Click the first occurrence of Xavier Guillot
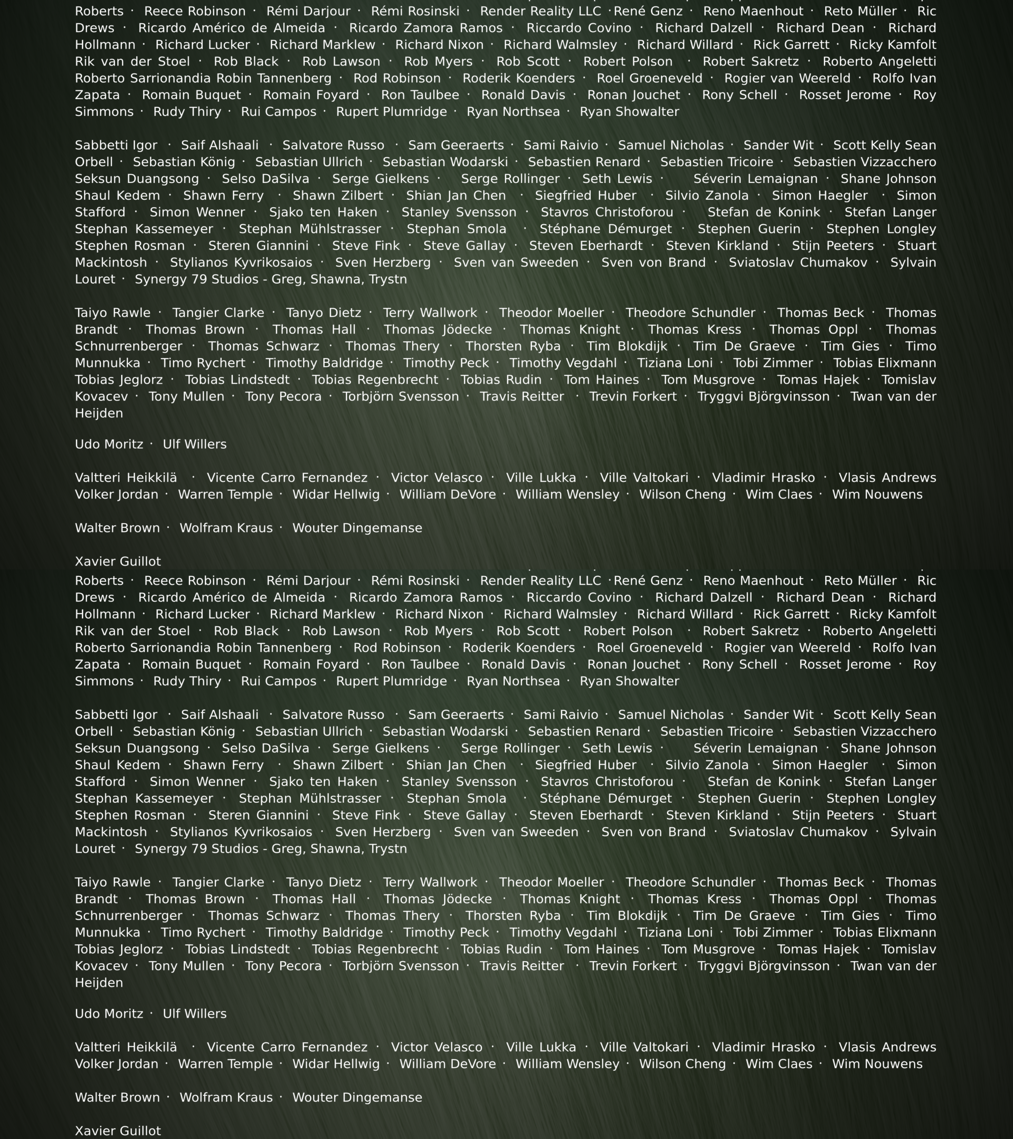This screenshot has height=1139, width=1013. (x=118, y=561)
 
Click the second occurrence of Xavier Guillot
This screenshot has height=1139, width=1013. (x=118, y=1131)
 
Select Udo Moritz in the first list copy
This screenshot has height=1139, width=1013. (x=109, y=444)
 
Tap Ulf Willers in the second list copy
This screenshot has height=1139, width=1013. (x=194, y=1014)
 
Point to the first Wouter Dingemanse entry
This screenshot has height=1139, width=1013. (x=357, y=528)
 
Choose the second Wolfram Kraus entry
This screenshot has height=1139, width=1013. (x=226, y=1097)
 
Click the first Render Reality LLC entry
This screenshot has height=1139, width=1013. (x=540, y=11)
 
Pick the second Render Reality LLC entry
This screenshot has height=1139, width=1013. (x=540, y=581)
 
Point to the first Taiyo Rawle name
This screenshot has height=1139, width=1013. (x=113, y=313)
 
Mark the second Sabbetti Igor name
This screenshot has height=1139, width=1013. (x=116, y=714)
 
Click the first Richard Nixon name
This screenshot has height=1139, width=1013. (x=439, y=45)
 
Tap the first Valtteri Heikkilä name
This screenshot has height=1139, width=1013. (x=126, y=478)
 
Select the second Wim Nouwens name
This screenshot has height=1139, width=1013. (x=877, y=1064)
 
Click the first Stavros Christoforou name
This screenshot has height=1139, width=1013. (x=607, y=212)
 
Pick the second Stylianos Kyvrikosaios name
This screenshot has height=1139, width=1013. (x=241, y=832)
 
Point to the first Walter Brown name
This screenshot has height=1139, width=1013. (x=117, y=528)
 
